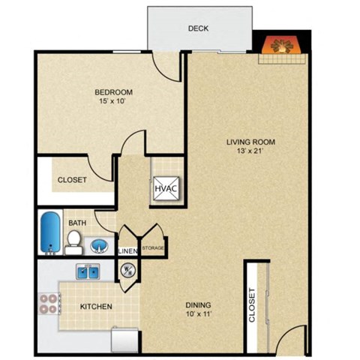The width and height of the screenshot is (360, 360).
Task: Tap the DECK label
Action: (x=198, y=29)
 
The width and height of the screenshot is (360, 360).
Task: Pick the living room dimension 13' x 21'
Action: (x=251, y=151)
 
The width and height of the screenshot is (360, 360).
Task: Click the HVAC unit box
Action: (x=164, y=187)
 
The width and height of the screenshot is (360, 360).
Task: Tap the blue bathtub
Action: (x=50, y=232)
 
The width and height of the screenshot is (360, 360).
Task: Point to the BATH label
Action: (x=77, y=223)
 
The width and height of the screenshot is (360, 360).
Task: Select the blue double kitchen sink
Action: (x=86, y=272)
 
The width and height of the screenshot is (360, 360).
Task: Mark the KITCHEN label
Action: (x=96, y=306)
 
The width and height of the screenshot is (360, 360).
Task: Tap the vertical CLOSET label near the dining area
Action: (x=253, y=305)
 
